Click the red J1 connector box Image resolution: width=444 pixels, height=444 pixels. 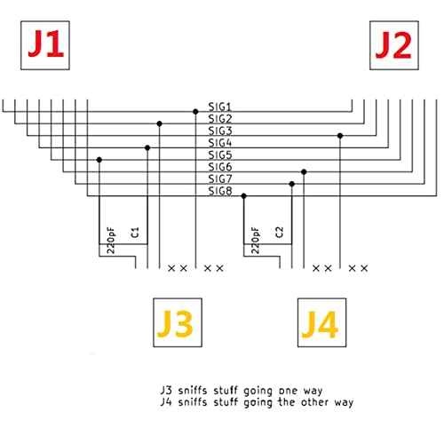45,45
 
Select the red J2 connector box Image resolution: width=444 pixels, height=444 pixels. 394,45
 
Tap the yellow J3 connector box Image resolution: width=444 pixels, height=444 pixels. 178,322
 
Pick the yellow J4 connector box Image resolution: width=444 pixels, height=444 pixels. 321,322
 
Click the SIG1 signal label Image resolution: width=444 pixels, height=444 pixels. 219,107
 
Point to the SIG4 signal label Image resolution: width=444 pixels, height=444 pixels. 219,143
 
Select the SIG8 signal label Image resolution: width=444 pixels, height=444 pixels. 220,191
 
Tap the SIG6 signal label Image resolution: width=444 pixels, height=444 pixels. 220,167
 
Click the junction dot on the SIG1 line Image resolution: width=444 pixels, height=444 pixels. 195,112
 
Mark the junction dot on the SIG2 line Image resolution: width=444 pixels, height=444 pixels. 159,123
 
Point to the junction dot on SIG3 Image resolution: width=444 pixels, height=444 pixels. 340,136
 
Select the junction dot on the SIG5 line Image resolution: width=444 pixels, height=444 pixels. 99,160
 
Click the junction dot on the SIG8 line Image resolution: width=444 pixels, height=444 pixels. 243,196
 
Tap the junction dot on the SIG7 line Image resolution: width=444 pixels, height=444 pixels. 292,184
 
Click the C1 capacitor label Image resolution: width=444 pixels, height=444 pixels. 135,233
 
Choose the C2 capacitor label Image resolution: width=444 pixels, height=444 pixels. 279,233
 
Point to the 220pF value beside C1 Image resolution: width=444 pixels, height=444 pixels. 110,241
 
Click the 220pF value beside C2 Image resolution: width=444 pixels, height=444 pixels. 255,241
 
